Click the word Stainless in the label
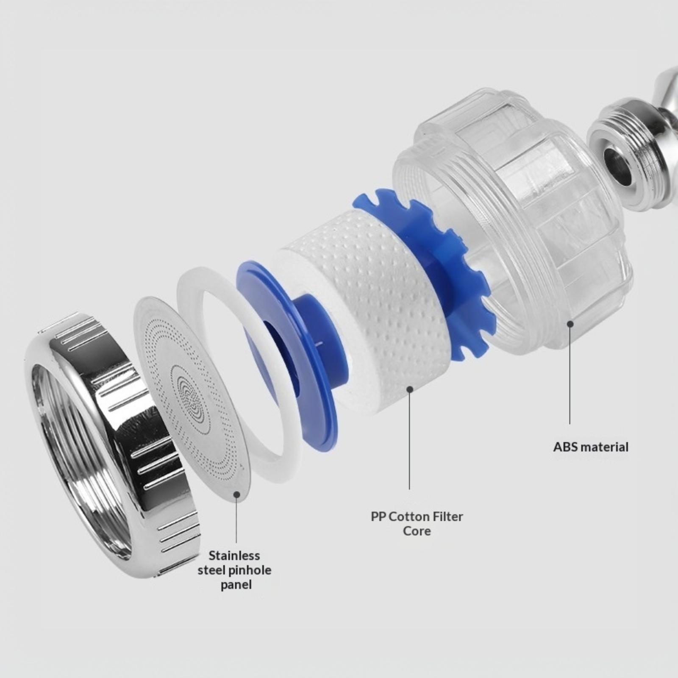point(234,555)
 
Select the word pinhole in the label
point(250,570)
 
